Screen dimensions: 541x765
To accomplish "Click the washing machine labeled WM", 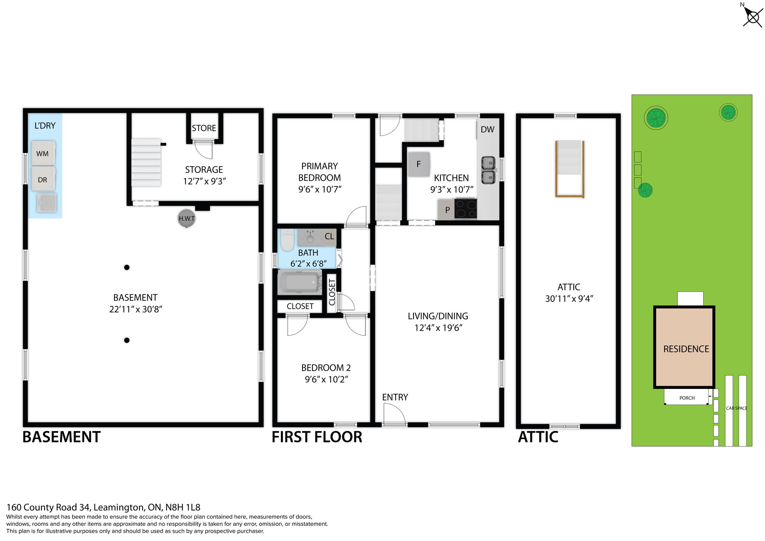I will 43,153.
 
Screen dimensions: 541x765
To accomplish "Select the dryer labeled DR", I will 43,179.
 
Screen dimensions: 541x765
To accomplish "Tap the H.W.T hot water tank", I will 186,219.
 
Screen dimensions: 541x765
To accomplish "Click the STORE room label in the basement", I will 204,128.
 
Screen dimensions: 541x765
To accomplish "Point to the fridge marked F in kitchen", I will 419,164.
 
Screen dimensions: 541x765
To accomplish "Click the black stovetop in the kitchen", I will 465,208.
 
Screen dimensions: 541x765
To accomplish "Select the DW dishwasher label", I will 487,129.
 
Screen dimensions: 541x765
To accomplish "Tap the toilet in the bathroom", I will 287,240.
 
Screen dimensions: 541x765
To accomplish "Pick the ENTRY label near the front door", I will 395,397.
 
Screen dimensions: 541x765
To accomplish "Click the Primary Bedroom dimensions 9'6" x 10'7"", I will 320,189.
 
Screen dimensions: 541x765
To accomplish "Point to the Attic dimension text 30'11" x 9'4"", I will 569,299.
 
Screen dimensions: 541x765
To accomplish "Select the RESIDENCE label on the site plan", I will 686,349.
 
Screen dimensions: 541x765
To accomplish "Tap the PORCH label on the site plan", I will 687,398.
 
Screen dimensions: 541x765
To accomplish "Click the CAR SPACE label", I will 736,408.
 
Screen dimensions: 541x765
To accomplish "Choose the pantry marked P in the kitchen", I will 447,210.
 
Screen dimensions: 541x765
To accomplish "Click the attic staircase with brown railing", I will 570,168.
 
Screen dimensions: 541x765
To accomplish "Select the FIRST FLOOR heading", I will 317,437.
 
